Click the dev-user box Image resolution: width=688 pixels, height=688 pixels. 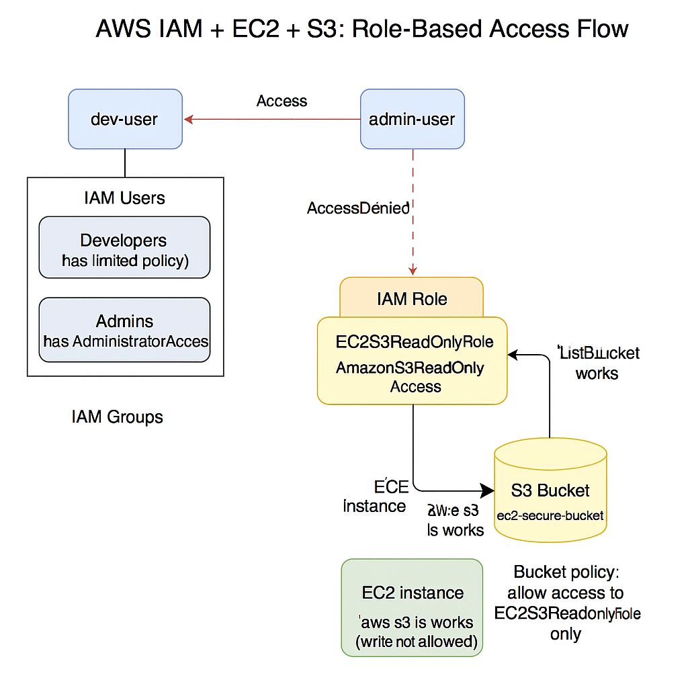(x=125, y=119)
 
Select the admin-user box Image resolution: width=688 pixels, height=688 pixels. (x=412, y=119)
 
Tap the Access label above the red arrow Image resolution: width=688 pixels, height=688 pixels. (x=282, y=101)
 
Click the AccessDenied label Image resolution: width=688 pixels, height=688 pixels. (x=358, y=208)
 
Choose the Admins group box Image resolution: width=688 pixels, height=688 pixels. (x=125, y=330)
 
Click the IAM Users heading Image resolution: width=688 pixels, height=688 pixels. (x=125, y=198)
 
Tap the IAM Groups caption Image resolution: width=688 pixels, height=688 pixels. (x=117, y=417)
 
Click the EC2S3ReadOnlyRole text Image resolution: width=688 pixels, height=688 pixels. (x=415, y=342)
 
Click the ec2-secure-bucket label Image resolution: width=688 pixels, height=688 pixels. (x=550, y=516)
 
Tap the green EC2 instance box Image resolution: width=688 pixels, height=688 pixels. (x=412, y=607)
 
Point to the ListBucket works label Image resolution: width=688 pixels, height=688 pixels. (x=597, y=363)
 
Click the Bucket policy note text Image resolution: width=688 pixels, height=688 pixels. (x=566, y=603)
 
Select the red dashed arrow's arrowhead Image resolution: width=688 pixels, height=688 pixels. (x=413, y=270)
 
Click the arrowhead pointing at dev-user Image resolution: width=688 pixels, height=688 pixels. (x=189, y=120)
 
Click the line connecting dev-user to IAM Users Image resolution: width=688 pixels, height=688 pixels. (x=125, y=163)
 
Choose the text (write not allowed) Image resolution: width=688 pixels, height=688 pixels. (x=417, y=642)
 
